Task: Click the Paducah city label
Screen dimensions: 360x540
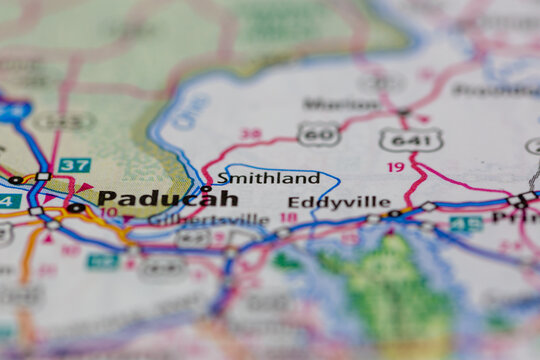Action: pyautogui.click(x=168, y=198)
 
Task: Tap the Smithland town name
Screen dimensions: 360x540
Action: pyautogui.click(x=268, y=178)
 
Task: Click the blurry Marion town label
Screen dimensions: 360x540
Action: pyautogui.click(x=327, y=103)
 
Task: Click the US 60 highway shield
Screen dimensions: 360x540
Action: pyautogui.click(x=318, y=134)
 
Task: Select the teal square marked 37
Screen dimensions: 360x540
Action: pyautogui.click(x=74, y=165)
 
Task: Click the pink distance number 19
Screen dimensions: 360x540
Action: pyautogui.click(x=396, y=167)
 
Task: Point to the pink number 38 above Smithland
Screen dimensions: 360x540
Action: pyautogui.click(x=251, y=134)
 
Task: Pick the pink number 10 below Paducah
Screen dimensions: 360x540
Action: pyautogui.click(x=108, y=212)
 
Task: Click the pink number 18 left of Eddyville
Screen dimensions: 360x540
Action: pyautogui.click(x=288, y=217)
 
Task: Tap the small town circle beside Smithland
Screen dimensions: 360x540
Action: pyautogui.click(x=206, y=188)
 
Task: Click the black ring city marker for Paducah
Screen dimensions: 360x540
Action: pyautogui.click(x=74, y=208)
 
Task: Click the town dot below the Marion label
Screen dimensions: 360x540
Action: pyautogui.click(x=403, y=111)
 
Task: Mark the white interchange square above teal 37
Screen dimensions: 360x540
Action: pyautogui.click(x=43, y=177)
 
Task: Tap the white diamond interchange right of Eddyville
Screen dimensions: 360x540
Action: pyautogui.click(x=429, y=206)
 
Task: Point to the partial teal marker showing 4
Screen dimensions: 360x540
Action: pyautogui.click(x=8, y=201)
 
